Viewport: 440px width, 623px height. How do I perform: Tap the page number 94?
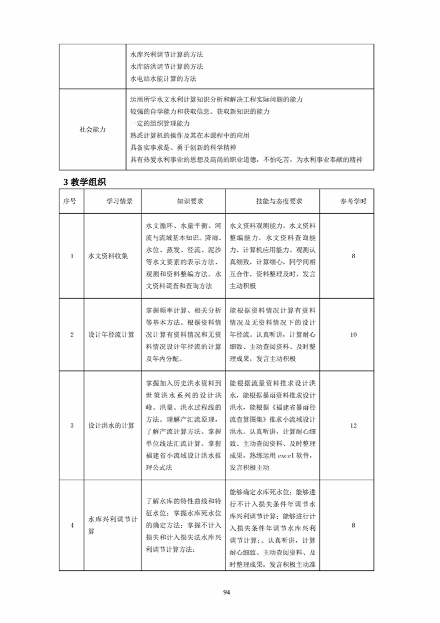(x=227, y=592)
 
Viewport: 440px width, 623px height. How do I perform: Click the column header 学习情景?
(x=112, y=202)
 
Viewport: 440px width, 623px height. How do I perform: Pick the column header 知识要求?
(x=183, y=202)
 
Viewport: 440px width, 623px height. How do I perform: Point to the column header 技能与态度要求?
(x=272, y=202)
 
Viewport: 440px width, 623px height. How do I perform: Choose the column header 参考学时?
(x=353, y=202)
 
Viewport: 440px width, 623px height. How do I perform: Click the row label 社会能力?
(x=93, y=129)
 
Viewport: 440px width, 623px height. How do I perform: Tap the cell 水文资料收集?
(x=108, y=256)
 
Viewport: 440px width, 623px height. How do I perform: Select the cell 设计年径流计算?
(x=112, y=334)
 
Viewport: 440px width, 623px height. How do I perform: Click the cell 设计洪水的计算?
(x=112, y=425)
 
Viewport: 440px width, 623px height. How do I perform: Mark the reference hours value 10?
(x=353, y=334)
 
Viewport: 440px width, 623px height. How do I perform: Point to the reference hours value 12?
(x=353, y=425)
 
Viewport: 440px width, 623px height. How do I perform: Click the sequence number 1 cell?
(x=72, y=256)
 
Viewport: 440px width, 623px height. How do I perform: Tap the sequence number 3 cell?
(x=72, y=425)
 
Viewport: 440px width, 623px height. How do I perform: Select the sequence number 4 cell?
(x=72, y=525)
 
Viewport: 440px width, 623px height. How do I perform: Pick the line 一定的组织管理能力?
(x=160, y=123)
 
